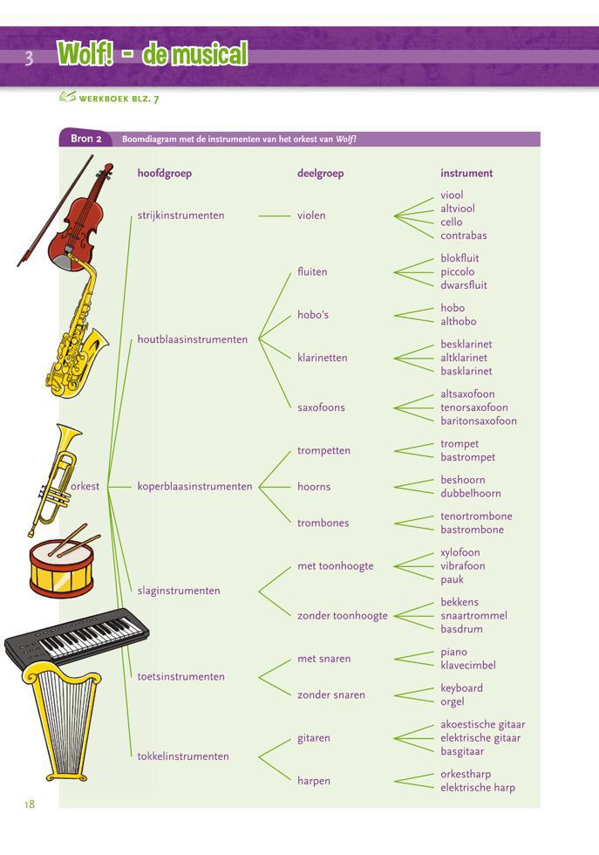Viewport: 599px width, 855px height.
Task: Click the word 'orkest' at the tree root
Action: (85, 487)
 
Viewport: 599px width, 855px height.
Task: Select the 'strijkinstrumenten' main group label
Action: (180, 215)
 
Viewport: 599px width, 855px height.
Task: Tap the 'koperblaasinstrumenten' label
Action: (194, 487)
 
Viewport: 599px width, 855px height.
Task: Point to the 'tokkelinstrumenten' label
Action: (183, 756)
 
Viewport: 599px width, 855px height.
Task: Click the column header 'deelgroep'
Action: (320, 174)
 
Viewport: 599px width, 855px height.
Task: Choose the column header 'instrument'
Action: (466, 174)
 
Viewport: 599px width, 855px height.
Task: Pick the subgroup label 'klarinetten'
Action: (322, 358)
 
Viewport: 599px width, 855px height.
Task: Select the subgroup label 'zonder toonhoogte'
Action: (342, 616)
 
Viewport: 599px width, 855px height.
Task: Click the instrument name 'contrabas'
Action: (464, 236)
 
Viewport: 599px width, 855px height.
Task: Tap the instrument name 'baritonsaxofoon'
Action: (479, 421)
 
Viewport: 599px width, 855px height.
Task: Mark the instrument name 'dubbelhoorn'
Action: (471, 493)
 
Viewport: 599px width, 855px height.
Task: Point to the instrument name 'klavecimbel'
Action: (468, 666)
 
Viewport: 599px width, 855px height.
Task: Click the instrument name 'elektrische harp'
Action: (478, 788)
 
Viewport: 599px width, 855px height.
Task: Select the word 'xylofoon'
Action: (460, 552)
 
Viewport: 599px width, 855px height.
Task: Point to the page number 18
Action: (30, 804)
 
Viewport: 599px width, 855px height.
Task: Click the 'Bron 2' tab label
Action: (86, 139)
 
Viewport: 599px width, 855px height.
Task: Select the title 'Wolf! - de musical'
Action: (153, 55)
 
